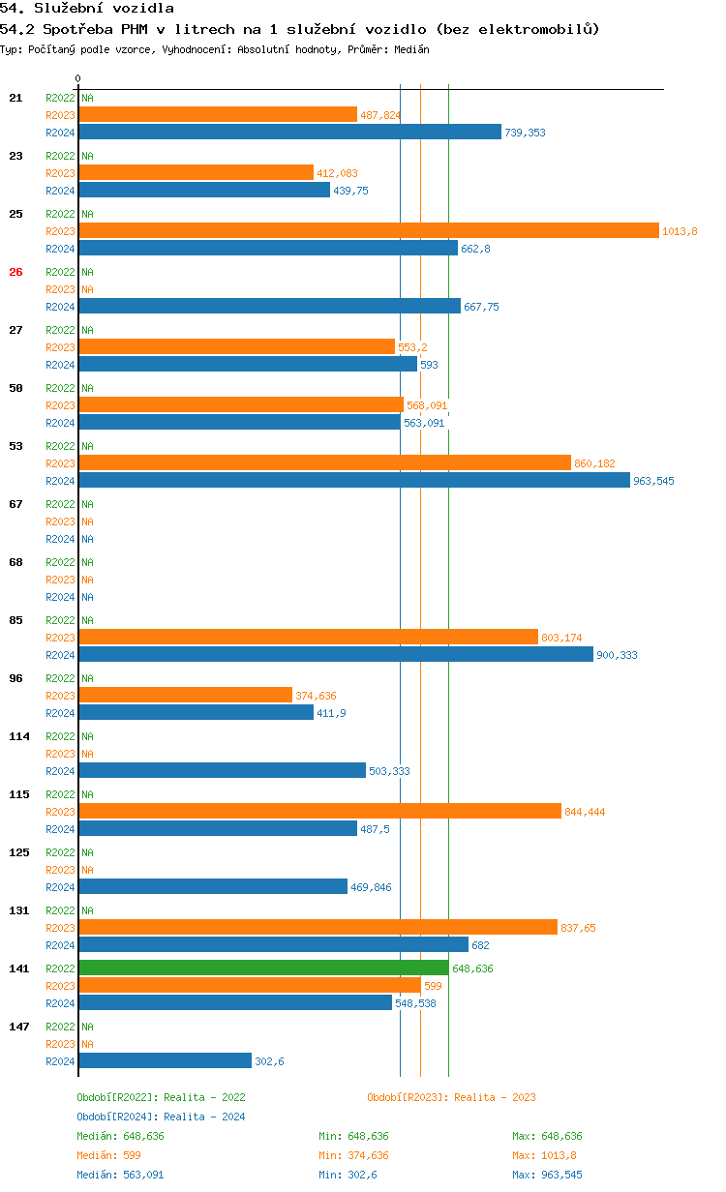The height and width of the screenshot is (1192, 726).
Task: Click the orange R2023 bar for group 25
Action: point(368,230)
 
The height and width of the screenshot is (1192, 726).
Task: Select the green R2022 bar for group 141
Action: point(263,968)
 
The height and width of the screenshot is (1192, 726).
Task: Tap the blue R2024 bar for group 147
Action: point(165,1060)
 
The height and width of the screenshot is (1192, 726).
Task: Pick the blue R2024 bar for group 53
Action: point(354,480)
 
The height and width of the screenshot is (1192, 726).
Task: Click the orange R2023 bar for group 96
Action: point(185,695)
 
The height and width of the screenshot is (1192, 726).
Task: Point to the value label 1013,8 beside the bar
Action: point(680,231)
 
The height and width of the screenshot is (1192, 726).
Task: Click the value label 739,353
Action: point(525,133)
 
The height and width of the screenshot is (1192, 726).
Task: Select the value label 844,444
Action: point(585,812)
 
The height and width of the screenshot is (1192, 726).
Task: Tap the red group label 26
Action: point(15,272)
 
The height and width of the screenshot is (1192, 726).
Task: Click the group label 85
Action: point(15,620)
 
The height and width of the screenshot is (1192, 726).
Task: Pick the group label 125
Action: point(18,852)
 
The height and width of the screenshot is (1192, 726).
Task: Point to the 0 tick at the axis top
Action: point(78,78)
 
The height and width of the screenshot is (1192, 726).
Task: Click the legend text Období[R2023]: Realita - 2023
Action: point(451,1097)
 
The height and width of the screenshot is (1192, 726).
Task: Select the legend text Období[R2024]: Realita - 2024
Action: point(161,1117)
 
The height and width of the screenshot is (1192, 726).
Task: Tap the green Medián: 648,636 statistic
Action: point(120,1136)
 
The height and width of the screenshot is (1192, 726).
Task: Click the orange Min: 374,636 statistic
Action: point(353,1155)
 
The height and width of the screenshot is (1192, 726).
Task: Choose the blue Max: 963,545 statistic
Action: point(547,1175)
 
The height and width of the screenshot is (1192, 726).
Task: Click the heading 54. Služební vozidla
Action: point(87,9)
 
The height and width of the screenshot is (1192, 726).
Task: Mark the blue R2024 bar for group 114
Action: point(222,770)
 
